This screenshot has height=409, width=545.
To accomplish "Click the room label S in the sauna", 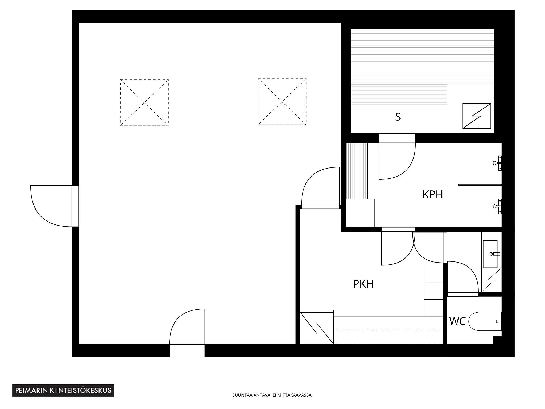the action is pos(398,117).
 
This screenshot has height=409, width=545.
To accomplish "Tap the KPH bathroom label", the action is pos(433,195).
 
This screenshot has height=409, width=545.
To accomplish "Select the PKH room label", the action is pos(363,284).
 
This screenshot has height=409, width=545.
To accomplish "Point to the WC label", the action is pos(458,321).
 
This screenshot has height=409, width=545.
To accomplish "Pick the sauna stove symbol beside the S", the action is pos(477,116).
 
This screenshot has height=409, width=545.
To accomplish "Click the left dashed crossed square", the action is pos(144,103).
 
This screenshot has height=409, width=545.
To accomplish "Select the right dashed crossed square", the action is pos(282,102).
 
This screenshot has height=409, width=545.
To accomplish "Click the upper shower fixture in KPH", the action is pos(497,163).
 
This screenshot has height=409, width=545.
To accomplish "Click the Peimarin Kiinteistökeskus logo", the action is pos(63,391).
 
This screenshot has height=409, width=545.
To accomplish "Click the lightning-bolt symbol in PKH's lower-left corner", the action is pos(317,328).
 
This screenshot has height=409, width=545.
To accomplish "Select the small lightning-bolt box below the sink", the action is pos(491,280).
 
